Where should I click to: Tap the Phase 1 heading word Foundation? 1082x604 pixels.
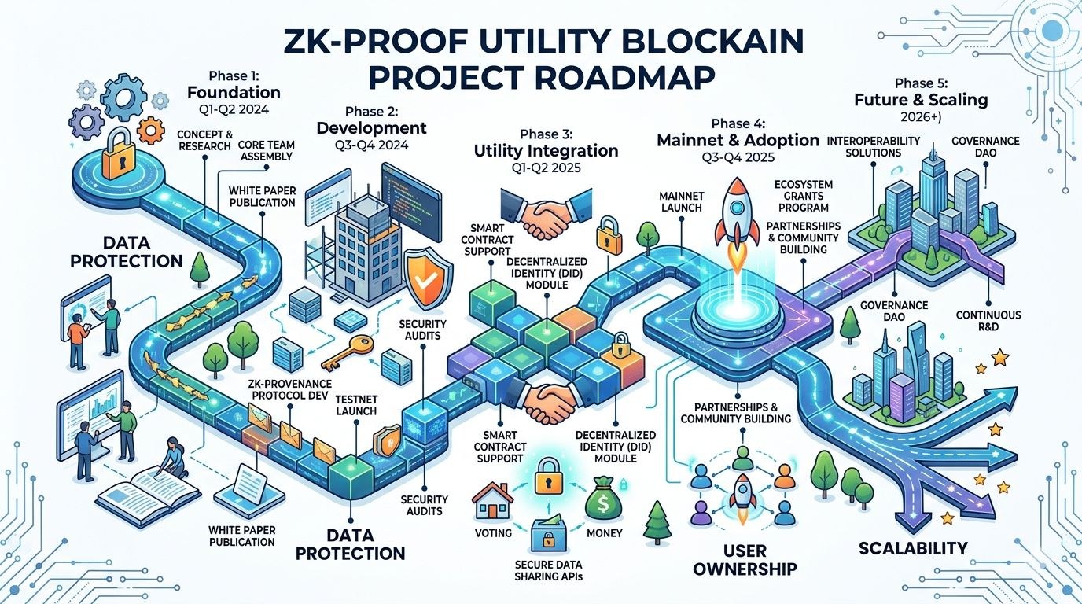point(234,93)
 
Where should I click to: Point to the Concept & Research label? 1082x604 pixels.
point(204,140)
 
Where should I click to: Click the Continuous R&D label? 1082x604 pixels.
point(988,321)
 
